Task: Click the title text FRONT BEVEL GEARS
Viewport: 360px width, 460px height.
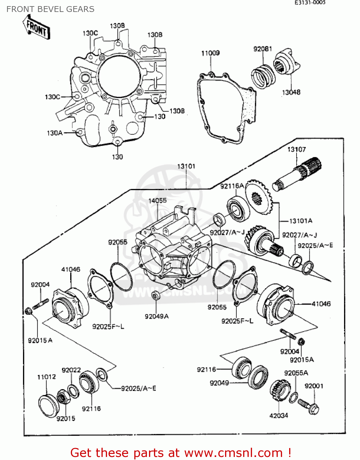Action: click(50, 9)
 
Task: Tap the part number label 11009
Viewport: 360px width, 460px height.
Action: click(210, 53)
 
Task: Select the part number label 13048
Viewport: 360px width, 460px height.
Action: click(291, 92)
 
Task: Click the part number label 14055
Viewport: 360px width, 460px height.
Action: click(157, 201)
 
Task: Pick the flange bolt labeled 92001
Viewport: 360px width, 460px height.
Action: click(308, 405)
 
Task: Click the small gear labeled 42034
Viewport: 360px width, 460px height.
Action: click(280, 391)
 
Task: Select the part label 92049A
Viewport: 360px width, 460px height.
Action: click(157, 316)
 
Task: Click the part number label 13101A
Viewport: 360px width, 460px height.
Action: click(301, 221)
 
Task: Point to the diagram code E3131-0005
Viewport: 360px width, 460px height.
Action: click(310, 3)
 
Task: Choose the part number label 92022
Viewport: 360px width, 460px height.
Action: click(71, 370)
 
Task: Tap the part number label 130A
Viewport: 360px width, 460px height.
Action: click(55, 133)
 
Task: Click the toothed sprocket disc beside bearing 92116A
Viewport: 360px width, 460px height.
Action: click(259, 197)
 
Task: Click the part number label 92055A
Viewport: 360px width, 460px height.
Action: click(296, 373)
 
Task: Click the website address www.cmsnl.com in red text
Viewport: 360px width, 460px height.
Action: click(233, 453)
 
